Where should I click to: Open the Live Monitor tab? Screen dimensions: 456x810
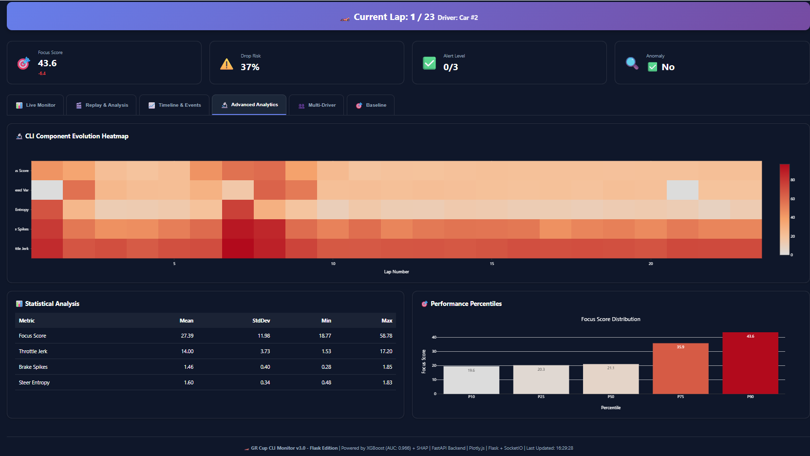(36, 105)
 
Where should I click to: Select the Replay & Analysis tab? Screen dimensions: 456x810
(102, 105)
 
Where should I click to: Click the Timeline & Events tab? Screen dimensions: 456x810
(174, 105)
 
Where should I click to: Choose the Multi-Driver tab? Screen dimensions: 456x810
(317, 105)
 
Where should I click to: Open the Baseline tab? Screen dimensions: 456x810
(371, 105)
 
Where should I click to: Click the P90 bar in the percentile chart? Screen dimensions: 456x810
(750, 363)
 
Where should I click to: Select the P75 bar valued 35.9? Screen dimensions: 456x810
(680, 369)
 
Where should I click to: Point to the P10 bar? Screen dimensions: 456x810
(471, 380)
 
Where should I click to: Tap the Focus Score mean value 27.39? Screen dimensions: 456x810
(187, 336)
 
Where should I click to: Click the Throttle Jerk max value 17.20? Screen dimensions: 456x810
(386, 351)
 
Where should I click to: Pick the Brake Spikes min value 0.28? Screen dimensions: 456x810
(326, 367)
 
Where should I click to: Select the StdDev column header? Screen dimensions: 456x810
(261, 321)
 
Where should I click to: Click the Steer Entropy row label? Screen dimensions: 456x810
(34, 382)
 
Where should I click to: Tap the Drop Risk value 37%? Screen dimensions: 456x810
(250, 67)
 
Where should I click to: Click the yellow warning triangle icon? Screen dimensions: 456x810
(226, 64)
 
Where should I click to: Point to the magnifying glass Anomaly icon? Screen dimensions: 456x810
(632, 63)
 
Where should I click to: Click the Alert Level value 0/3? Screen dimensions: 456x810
(451, 67)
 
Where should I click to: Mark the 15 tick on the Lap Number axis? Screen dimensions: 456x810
(492, 264)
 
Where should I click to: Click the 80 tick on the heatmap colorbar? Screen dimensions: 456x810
(792, 180)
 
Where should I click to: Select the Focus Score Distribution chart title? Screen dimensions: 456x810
(610, 319)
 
